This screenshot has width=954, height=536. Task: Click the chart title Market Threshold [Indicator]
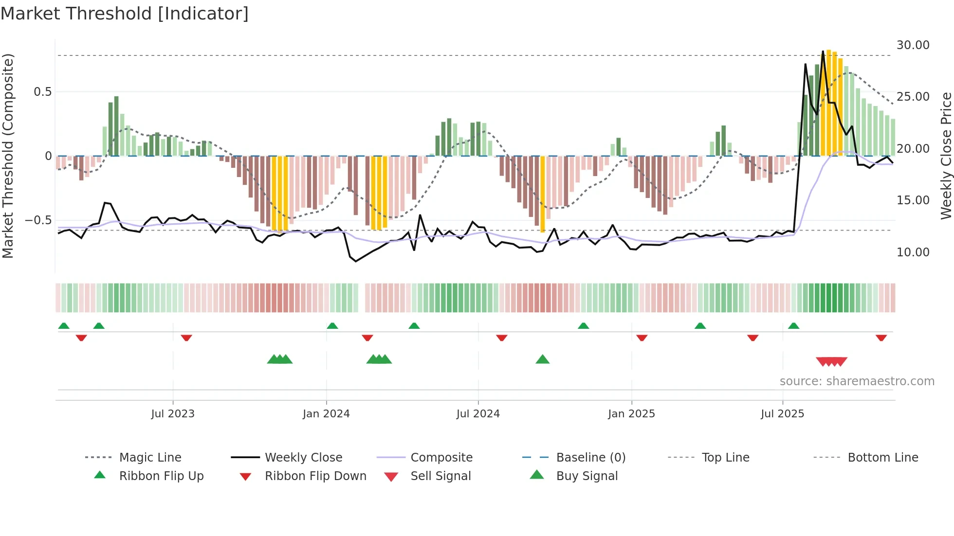tap(125, 14)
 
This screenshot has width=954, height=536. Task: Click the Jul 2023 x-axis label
tap(173, 414)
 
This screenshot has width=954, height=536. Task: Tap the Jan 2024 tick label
tap(326, 414)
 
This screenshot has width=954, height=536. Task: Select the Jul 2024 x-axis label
tap(478, 414)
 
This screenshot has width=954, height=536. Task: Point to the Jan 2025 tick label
tap(631, 414)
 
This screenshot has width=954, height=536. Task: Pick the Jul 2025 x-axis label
tap(783, 414)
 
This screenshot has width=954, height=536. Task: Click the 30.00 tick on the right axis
tap(913, 45)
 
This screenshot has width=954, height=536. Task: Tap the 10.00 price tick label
tap(913, 252)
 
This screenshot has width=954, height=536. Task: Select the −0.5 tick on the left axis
tap(38, 220)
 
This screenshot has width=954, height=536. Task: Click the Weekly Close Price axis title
tap(945, 156)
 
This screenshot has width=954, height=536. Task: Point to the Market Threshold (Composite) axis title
tap(8, 156)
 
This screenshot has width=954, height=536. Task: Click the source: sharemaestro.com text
tap(857, 381)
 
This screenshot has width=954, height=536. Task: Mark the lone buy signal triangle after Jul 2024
tap(542, 360)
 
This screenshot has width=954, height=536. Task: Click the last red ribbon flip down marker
tap(881, 338)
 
